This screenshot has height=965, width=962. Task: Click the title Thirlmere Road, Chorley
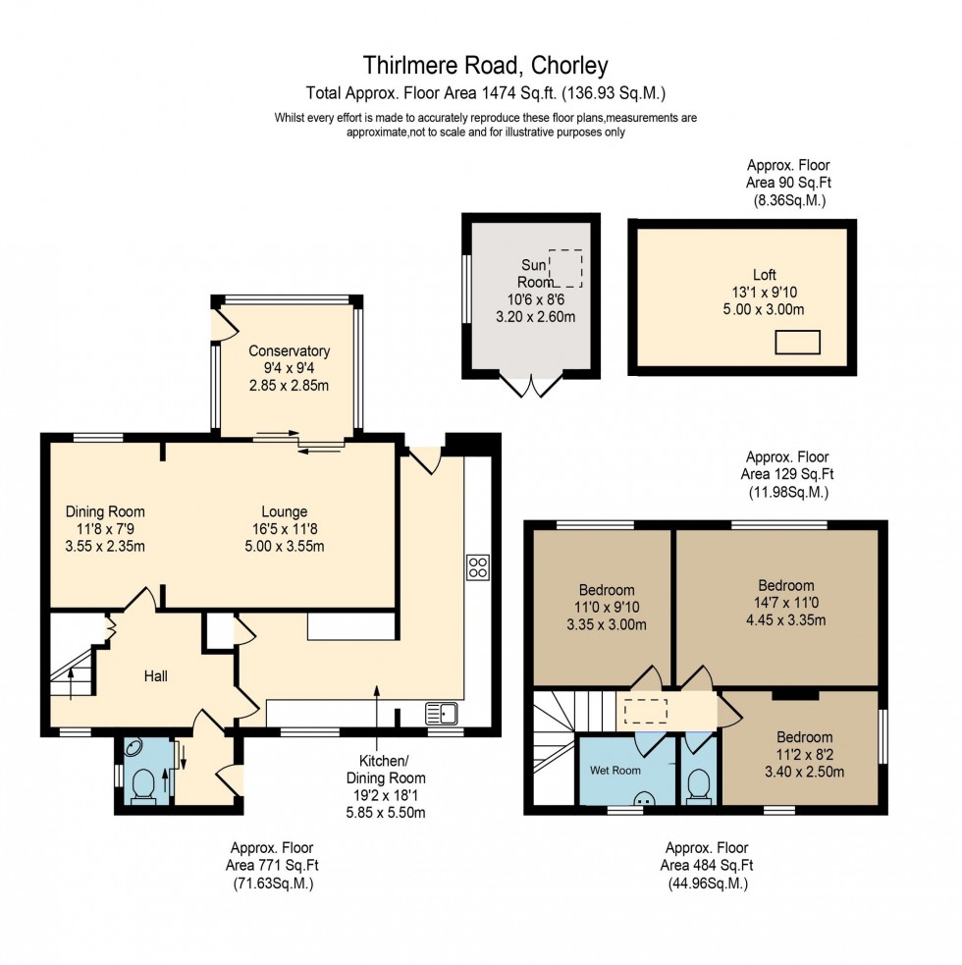485,66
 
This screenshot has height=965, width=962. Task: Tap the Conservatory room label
289,350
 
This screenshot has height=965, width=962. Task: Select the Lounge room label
284,511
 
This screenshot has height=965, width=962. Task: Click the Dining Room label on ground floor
105,511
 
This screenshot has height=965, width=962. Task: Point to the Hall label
155,675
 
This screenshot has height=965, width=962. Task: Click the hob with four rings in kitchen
478,566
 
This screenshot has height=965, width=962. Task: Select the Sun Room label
530,274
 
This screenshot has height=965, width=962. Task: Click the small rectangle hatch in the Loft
796,342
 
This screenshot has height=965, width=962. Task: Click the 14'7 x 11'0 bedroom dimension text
778,603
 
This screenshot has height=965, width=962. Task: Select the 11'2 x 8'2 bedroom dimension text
804,754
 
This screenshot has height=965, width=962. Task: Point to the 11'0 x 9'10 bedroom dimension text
606,608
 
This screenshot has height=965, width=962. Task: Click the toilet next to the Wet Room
699,783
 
